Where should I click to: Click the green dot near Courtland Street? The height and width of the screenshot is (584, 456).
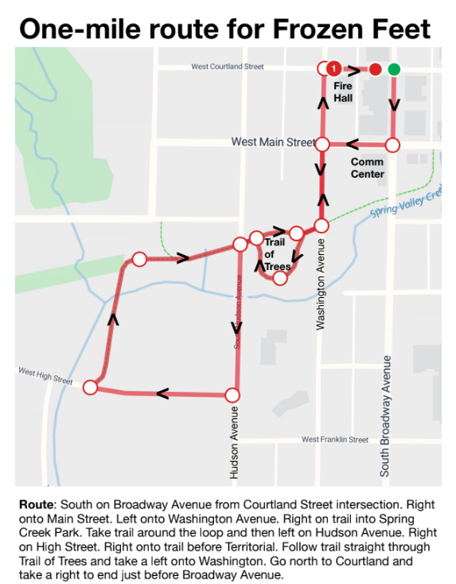393,69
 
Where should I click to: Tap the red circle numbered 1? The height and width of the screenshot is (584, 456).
335,69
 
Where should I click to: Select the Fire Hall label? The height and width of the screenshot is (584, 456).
343,92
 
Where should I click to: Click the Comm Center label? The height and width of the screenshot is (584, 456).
367,167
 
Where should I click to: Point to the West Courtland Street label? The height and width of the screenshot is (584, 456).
227,67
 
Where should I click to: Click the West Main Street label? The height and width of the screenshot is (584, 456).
273,142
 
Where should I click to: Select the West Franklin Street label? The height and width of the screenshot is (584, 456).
335,440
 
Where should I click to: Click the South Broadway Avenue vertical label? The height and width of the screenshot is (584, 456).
385,415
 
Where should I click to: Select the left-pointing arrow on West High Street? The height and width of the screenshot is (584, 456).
163,393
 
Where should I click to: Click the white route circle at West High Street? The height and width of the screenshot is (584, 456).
90,387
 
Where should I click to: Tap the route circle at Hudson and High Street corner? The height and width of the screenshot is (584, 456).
233,395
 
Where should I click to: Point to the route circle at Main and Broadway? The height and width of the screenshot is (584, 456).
392,146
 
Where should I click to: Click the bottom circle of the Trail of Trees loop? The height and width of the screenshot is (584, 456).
279,278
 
